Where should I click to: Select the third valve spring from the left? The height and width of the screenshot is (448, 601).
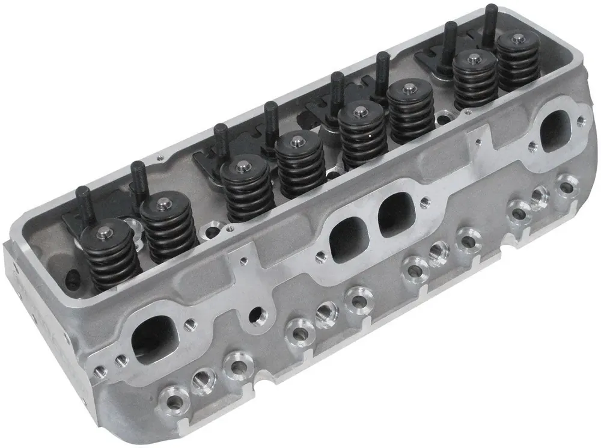coord(247,186)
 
